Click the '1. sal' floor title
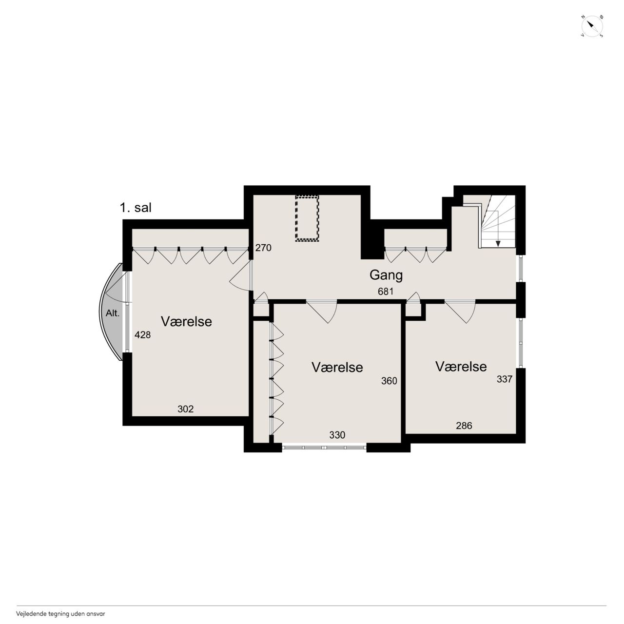point(136,208)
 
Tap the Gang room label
point(386,275)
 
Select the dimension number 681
point(386,292)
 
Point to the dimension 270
point(263,248)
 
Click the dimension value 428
point(142,335)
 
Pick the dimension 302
point(186,409)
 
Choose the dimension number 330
point(337,435)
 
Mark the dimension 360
point(389,381)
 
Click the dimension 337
point(505,379)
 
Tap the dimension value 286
point(464,426)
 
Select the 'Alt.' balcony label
point(112,313)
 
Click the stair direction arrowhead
point(498,244)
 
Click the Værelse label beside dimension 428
point(186,322)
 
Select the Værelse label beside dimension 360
point(337,368)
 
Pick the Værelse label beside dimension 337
point(461,367)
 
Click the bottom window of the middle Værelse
point(324,448)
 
